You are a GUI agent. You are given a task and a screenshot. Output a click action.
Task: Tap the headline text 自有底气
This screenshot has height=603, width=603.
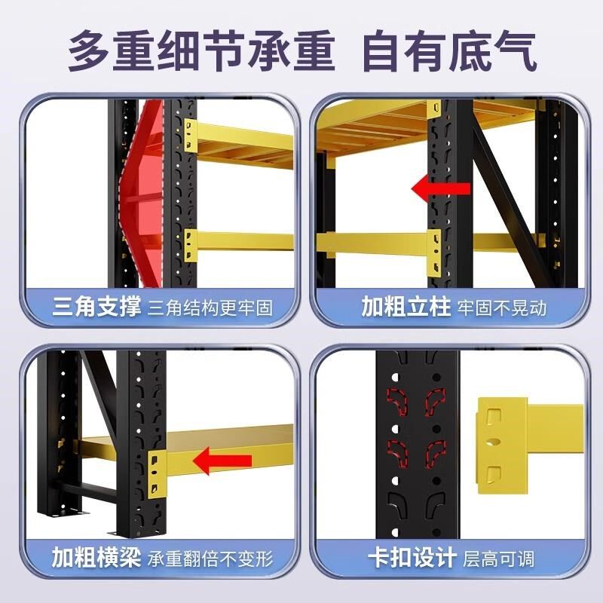point(450,51)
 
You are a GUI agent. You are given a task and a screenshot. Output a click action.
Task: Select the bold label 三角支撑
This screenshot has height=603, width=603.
point(96,307)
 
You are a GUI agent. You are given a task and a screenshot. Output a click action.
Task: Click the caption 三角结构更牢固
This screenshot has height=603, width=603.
point(209,308)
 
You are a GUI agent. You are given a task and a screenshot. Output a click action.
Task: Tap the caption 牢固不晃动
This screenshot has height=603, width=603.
point(501,308)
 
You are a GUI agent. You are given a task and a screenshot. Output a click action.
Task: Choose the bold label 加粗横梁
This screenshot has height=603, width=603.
point(96,559)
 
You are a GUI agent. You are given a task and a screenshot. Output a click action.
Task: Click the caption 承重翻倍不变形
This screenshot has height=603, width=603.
point(209,559)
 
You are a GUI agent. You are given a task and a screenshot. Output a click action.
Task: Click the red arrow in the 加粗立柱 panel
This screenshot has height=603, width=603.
point(441,189)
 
